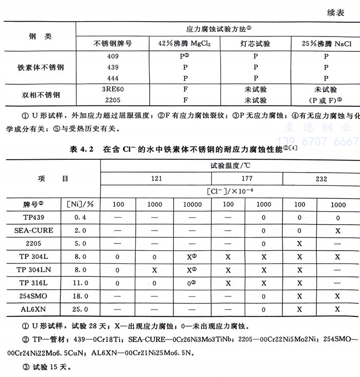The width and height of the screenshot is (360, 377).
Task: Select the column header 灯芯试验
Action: pos(256,43)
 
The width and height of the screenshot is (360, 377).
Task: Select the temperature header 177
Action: pos(246,179)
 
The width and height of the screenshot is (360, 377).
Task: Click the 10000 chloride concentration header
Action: pos(191,204)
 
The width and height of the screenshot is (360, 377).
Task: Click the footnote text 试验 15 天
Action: pos(44,368)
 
